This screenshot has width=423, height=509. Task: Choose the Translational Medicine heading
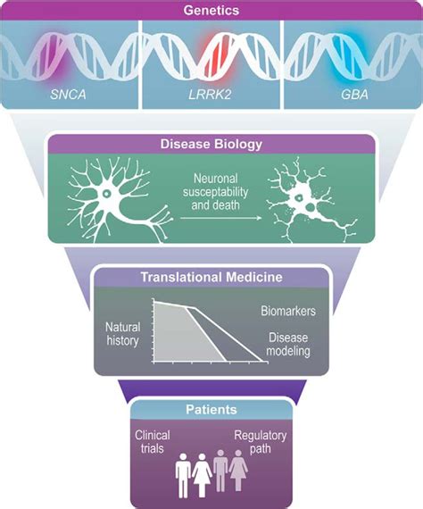point(211,277)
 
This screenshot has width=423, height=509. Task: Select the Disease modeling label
point(287,346)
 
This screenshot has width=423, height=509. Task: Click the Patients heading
point(211,410)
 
